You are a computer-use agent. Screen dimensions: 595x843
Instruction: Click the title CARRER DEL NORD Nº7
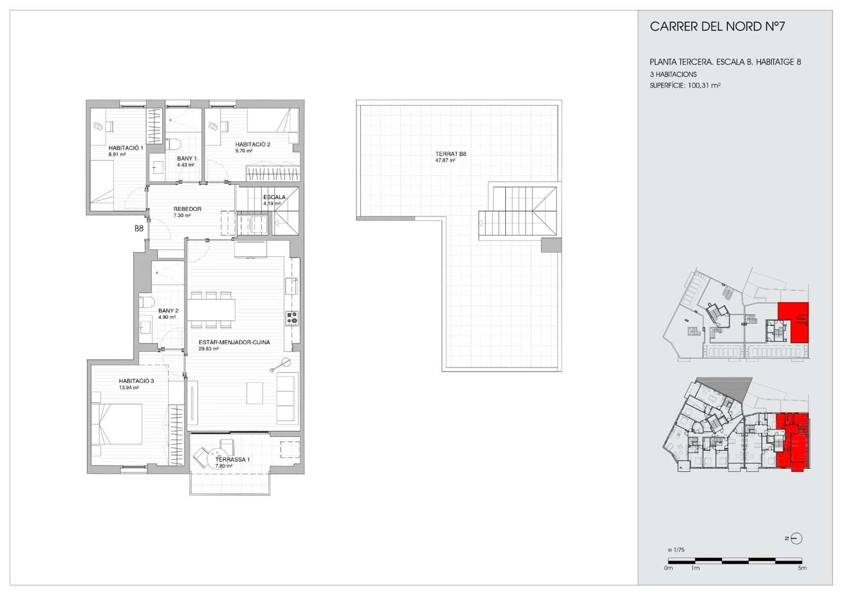717,27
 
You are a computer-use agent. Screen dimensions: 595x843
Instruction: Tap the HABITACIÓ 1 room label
125,148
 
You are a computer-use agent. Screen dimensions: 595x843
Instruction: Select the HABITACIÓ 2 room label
253,145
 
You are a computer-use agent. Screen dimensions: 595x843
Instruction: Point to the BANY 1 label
187,158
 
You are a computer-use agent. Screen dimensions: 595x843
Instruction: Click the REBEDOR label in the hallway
187,209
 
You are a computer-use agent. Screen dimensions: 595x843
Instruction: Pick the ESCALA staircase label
274,197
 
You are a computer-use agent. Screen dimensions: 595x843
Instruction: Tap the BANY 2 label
168,311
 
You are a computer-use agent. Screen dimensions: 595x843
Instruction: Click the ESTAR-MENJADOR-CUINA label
234,342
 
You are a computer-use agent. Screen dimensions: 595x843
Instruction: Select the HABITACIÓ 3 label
136,381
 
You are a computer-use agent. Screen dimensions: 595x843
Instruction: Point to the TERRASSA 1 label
232,460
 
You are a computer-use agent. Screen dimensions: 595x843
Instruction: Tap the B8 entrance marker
139,229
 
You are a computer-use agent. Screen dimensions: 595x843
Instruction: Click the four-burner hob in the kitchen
292,318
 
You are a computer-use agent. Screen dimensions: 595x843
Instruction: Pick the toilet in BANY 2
146,302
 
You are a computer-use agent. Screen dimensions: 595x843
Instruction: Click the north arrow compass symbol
797,538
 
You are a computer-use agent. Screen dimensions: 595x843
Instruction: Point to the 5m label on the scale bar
802,568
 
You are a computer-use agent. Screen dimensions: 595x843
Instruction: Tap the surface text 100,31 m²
704,85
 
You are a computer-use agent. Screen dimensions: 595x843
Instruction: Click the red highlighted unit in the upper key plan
793,321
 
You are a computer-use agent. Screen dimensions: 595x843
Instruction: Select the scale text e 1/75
676,550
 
